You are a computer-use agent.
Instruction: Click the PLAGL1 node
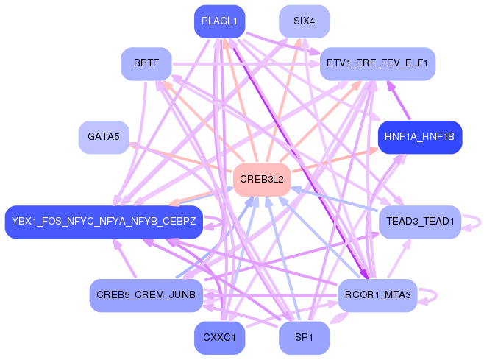[x=219, y=21]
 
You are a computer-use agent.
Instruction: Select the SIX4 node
[x=304, y=21]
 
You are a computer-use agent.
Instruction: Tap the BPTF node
[x=146, y=64]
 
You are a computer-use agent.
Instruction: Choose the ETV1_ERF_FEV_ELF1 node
[x=377, y=64]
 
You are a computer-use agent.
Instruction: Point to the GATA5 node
[x=104, y=137]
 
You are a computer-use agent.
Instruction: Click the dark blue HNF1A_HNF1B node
[x=419, y=137]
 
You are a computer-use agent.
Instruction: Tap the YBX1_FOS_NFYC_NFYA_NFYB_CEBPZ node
[x=104, y=222]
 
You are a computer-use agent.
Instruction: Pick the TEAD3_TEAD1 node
[x=419, y=222]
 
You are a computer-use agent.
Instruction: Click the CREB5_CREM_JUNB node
[x=146, y=295]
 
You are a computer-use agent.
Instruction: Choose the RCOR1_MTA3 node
[x=377, y=295]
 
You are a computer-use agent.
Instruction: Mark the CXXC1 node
[x=219, y=338]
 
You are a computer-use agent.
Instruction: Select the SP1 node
[x=304, y=338]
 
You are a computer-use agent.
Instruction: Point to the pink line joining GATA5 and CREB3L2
[x=184, y=159]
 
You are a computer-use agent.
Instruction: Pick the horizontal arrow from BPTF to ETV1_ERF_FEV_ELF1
[x=243, y=65]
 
